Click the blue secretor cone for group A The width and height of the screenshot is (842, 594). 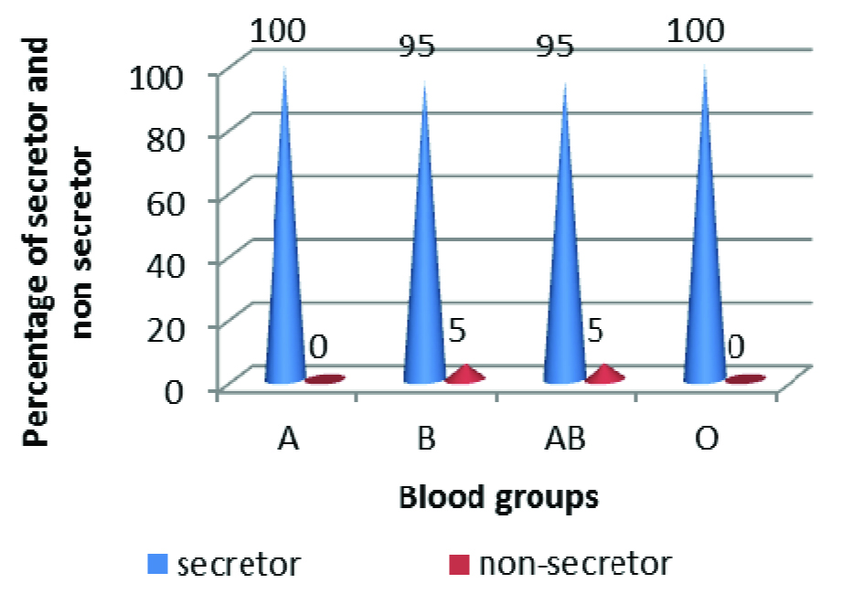click(x=285, y=274)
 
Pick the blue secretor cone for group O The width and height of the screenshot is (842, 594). click(x=705, y=274)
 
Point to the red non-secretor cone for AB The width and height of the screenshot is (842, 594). click(x=605, y=375)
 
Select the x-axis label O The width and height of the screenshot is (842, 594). click(x=705, y=440)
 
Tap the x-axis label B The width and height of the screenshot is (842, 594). click(x=425, y=440)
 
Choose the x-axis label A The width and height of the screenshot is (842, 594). click(x=286, y=440)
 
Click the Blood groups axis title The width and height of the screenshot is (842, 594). click(x=498, y=498)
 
